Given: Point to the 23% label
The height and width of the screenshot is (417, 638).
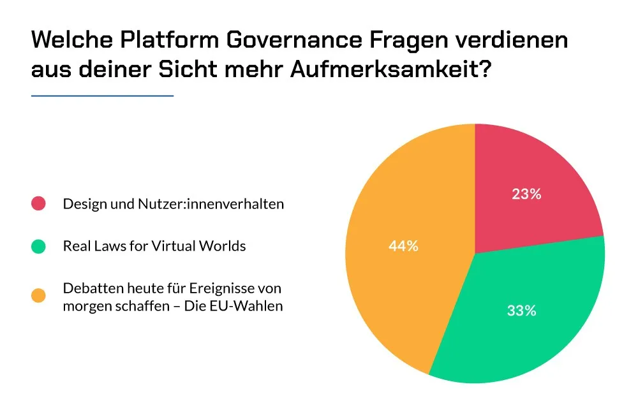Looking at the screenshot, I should [526, 194].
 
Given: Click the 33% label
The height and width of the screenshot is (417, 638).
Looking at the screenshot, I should [521, 311].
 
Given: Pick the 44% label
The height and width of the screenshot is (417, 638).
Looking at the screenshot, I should [403, 245].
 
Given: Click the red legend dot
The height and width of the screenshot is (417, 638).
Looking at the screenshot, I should [38, 204].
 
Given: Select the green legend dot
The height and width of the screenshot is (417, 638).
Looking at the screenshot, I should [38, 246].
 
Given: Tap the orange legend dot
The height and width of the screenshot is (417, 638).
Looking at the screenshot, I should [38, 296].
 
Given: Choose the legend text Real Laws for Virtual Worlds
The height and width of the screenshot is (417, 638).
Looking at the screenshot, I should [154, 246].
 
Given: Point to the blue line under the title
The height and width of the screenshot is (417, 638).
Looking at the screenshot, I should [102, 96].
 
